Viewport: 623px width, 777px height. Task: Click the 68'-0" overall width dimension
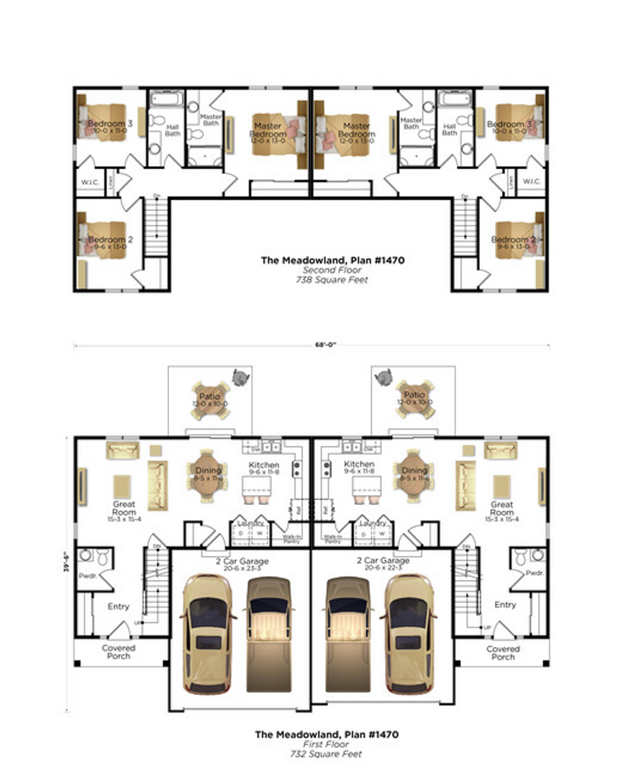(311, 345)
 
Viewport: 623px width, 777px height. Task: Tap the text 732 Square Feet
(327, 754)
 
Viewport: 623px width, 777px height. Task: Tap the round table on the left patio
(210, 399)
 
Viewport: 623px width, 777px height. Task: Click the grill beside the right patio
(385, 375)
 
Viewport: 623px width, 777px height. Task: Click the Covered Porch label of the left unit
(119, 653)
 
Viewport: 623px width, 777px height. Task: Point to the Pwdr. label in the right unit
(534, 573)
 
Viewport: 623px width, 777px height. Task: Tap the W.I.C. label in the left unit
(90, 181)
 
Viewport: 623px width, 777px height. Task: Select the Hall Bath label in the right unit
(450, 128)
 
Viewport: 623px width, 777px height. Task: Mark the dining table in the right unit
(414, 474)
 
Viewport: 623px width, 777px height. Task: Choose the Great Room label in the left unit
(124, 509)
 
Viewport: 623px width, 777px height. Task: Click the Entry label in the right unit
(505, 605)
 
